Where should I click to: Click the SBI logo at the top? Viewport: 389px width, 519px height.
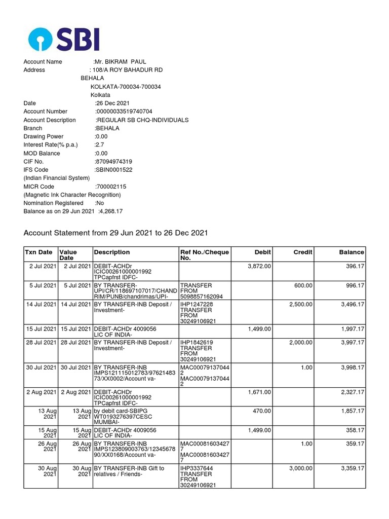coord(64,39)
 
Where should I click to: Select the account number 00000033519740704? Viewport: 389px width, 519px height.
coord(124,112)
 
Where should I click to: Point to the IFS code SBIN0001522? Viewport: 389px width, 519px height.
coord(114,170)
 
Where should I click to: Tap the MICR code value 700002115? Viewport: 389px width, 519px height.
coord(111,187)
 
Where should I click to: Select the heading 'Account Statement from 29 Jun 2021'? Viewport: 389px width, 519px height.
coord(116,233)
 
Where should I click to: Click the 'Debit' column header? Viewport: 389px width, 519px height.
coord(262,252)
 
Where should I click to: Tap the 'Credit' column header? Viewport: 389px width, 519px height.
coord(303,252)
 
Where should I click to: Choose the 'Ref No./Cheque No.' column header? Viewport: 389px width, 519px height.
coord(205,255)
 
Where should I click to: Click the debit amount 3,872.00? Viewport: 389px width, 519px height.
coord(259,266)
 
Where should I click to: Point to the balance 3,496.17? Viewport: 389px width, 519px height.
coord(353,304)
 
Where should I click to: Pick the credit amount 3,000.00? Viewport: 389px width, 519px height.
coord(300,468)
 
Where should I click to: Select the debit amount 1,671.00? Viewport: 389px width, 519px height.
coord(259,392)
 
